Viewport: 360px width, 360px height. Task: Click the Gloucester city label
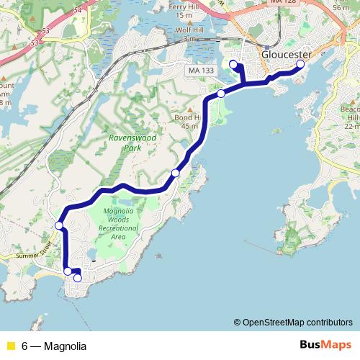287,55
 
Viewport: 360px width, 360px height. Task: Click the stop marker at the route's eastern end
300,65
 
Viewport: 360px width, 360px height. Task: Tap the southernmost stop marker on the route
78,278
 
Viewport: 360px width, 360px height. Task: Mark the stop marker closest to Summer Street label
59,226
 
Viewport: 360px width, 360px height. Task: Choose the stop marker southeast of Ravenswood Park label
176,174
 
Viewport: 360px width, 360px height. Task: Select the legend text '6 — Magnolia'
53,346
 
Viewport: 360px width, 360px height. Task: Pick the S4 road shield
77,9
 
